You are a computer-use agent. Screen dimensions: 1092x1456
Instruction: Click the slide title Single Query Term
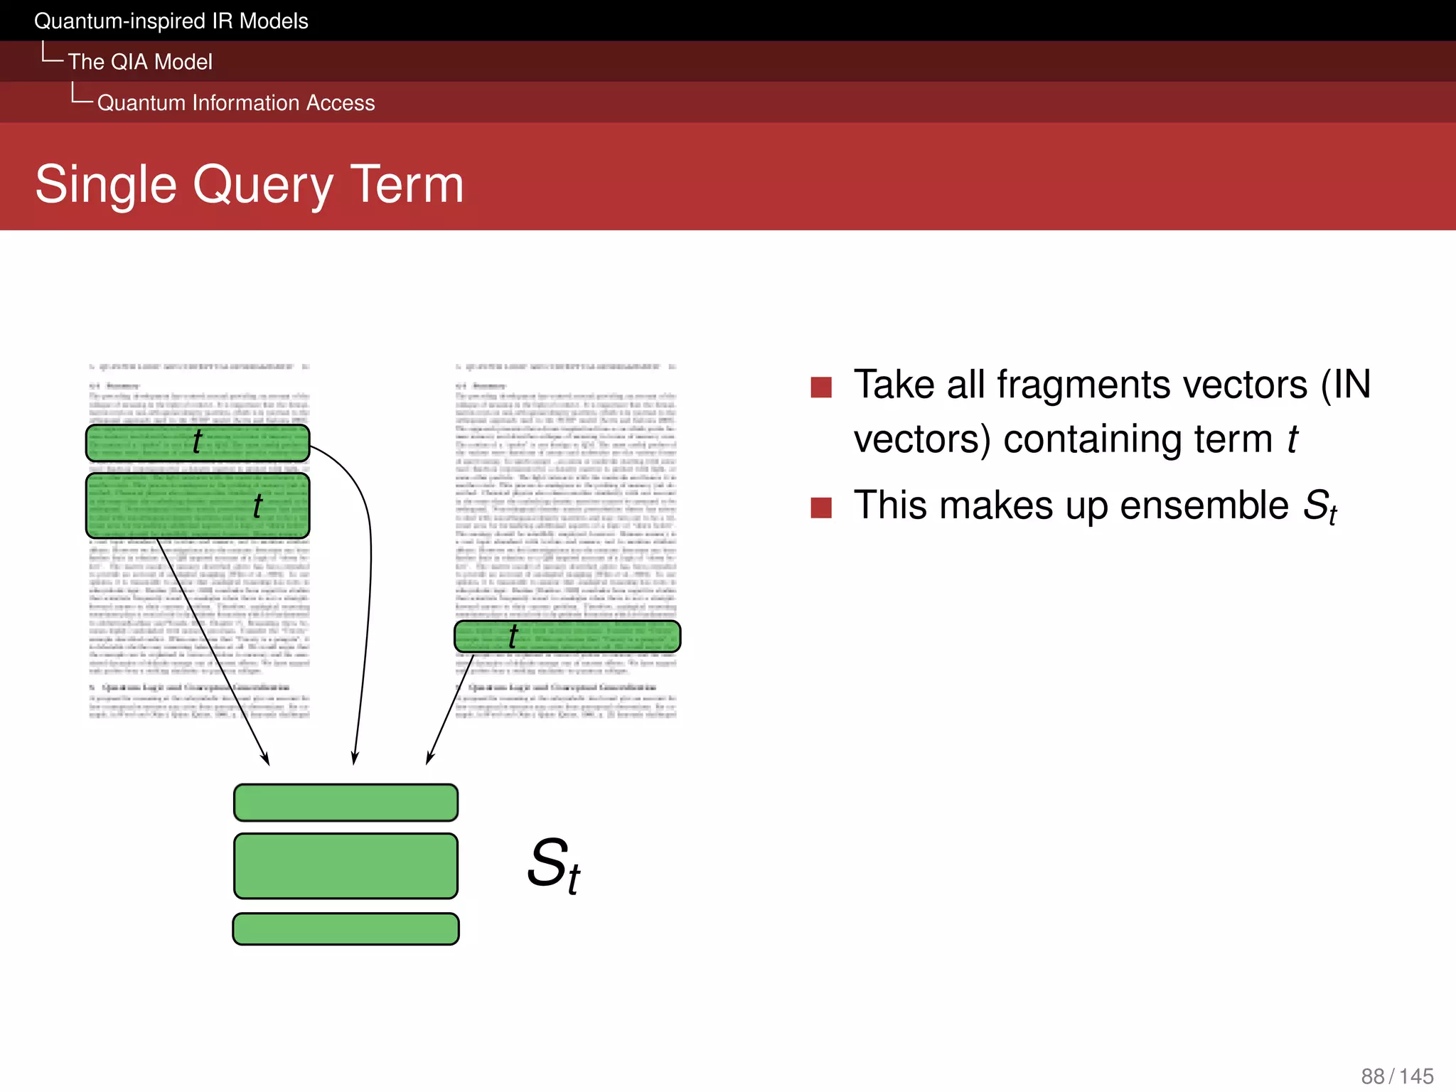point(249,184)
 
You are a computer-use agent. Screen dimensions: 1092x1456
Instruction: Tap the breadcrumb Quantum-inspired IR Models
point(171,21)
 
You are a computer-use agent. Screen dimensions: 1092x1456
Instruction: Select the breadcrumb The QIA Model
point(140,62)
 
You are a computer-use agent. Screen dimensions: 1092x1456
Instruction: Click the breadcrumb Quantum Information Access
point(235,103)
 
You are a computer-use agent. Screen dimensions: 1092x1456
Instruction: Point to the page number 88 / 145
point(1397,1076)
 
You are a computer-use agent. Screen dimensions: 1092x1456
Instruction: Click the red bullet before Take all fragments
point(821,387)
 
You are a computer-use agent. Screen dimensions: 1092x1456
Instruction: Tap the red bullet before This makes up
point(821,508)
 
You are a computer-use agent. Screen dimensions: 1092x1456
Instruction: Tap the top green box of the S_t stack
point(346,803)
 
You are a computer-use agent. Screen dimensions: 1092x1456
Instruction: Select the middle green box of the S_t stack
point(346,866)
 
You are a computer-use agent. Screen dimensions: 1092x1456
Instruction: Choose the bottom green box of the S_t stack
point(346,929)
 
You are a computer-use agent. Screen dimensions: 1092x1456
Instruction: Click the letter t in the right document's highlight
point(513,636)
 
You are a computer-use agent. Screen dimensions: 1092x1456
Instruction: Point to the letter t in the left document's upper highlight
point(197,441)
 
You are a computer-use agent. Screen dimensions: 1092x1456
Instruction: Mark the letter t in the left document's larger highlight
point(257,506)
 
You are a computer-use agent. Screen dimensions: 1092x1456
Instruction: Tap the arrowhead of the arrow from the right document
point(429,759)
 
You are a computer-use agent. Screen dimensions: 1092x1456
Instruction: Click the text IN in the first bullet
point(1352,385)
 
